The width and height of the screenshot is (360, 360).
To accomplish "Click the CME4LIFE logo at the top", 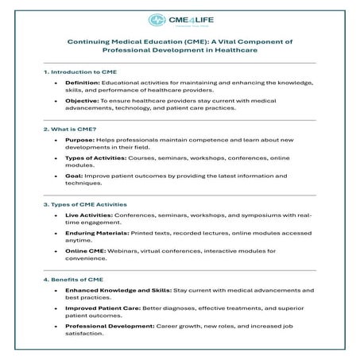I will [x=180, y=19].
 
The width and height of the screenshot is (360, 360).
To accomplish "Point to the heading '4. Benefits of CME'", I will [x=74, y=280].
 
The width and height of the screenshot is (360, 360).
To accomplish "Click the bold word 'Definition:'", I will [x=83, y=82].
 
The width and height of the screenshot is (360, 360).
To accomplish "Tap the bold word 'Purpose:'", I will [x=80, y=140].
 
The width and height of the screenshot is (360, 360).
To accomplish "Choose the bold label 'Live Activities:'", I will [x=89, y=215].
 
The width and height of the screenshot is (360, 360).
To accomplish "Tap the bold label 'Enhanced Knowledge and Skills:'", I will [x=115, y=291].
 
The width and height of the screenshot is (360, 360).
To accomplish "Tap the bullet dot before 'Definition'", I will [x=55, y=82].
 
